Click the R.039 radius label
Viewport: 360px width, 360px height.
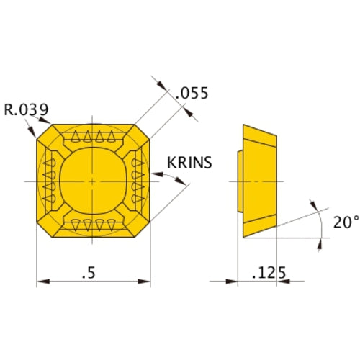(x=26, y=110)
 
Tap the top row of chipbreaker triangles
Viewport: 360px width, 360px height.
(x=93, y=137)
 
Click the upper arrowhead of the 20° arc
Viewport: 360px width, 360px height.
(x=315, y=207)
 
